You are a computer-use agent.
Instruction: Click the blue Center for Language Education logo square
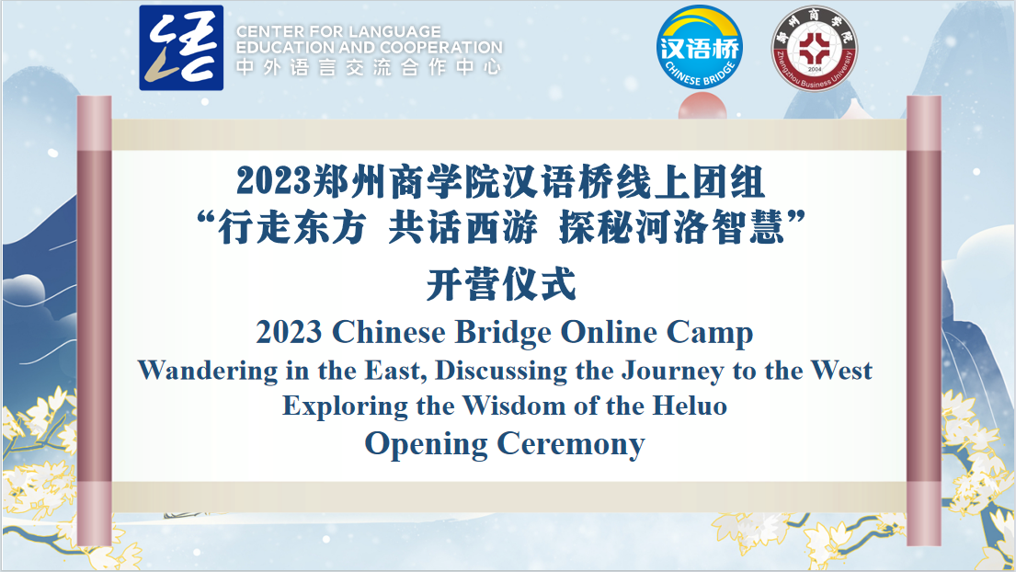coord(181,48)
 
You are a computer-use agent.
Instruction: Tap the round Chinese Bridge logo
coord(699,47)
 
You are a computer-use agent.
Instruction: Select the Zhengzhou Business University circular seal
coord(815,48)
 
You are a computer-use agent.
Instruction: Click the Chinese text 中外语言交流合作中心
coord(369,67)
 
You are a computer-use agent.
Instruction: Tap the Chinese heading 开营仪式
coord(501,284)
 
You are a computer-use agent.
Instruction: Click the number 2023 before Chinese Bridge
coord(289,332)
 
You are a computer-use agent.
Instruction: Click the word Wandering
coord(208,372)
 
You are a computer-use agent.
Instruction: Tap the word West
coord(841,371)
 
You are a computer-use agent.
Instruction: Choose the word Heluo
coord(690,406)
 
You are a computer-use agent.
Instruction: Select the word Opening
coord(426,446)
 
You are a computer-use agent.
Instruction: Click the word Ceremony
coord(571,446)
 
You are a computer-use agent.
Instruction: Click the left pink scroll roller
coord(95,321)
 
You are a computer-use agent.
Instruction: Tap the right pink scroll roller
coord(923,321)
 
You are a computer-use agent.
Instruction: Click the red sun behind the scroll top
coord(702,107)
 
